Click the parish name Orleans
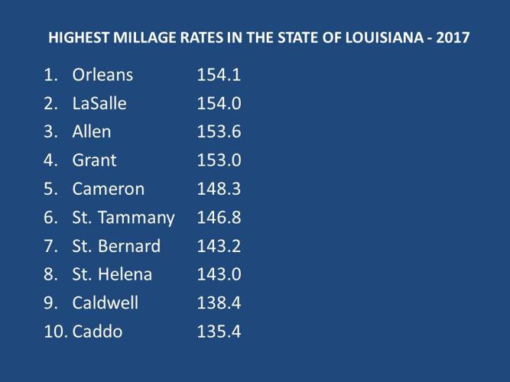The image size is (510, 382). tap(103, 75)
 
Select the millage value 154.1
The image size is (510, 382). tap(219, 75)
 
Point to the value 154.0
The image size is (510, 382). tap(219, 103)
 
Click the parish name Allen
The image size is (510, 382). tap(92, 131)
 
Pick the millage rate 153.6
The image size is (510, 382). tap(219, 131)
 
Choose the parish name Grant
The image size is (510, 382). tap(94, 160)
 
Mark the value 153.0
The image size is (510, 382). tap(219, 160)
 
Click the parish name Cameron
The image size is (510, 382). tap(108, 189)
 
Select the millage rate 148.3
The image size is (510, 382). tap(219, 189)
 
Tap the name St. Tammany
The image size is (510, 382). tap(123, 218)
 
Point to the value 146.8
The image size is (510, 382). tap(219, 218)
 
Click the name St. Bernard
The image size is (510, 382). tap(116, 246)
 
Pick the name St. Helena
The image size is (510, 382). tap(112, 274)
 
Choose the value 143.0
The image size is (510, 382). tap(219, 274)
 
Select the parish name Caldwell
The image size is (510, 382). tap(106, 303)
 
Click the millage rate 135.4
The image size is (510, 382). tap(219, 332)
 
